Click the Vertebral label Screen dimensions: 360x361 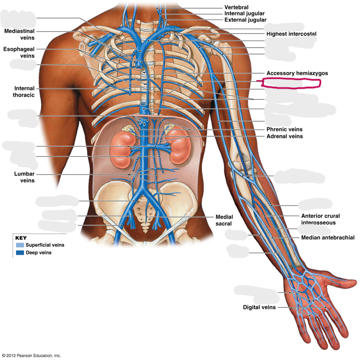[x=236, y=8]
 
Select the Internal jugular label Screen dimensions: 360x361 [x=244, y=14]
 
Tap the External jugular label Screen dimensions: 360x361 [x=245, y=20]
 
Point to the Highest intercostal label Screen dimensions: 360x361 [x=291, y=34]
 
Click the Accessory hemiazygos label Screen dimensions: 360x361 [x=297, y=73]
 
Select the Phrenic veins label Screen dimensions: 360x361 [x=284, y=129]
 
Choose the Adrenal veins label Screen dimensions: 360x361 [x=284, y=136]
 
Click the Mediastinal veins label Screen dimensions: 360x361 [x=20, y=34]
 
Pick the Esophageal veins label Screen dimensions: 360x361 [x=19, y=53]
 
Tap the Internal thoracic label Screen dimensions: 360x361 [x=24, y=92]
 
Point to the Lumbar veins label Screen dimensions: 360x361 [x=25, y=177]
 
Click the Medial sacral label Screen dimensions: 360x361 [x=224, y=220]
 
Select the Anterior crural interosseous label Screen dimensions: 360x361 [x=320, y=219]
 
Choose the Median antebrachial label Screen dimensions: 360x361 [x=328, y=237]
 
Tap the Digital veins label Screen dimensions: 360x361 [x=259, y=307]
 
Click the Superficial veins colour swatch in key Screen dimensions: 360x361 [x=20, y=245]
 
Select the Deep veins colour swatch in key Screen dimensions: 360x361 [x=20, y=253]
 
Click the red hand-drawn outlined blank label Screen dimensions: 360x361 [x=291, y=83]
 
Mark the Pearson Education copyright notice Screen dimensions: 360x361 [x=31, y=355]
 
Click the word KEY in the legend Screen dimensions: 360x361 [x=21, y=238]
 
